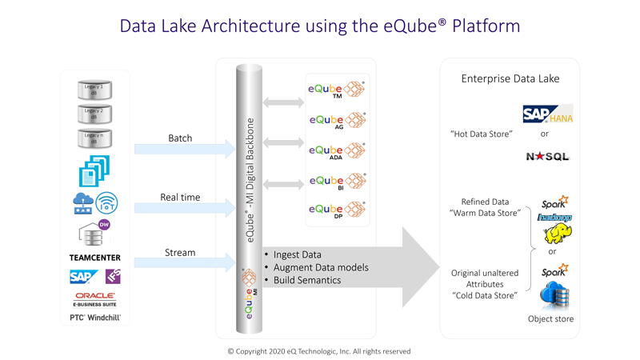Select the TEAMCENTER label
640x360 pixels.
[x=94, y=258]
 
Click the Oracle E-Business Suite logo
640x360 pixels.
[x=95, y=299]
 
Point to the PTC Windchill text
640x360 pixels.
[x=94, y=318]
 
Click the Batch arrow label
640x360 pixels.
[x=180, y=138]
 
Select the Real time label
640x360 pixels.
[x=180, y=197]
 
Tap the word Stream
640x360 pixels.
[x=180, y=252]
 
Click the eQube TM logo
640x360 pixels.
[x=337, y=90]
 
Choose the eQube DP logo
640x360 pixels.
[x=337, y=210]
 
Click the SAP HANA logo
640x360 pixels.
[x=547, y=114]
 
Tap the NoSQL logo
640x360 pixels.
[x=547, y=157]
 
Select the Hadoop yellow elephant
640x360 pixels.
[x=558, y=234]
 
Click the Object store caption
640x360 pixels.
[x=551, y=319]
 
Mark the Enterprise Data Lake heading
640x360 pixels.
[x=510, y=78]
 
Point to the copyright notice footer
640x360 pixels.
[x=319, y=351]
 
